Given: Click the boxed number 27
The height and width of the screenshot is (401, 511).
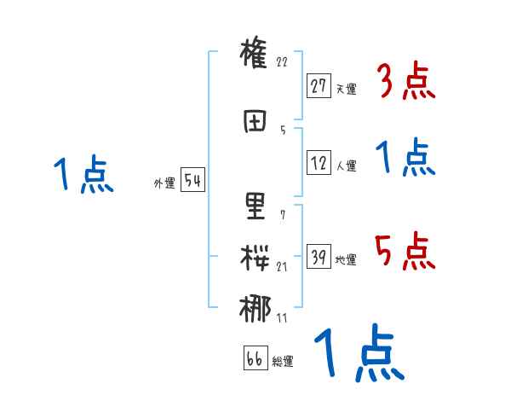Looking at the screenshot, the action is (319, 86).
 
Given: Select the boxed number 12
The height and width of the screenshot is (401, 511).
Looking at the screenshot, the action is (319, 164).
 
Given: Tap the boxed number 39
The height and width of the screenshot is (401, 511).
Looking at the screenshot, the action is (319, 257).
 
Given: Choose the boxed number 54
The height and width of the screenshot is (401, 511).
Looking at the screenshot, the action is (192, 181).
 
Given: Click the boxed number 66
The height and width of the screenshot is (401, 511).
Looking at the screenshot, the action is (255, 358).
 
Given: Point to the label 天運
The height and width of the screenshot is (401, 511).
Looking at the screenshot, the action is (346, 89).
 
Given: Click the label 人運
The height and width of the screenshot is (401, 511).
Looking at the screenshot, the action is (346, 166).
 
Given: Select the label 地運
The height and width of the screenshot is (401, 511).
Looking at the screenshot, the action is (346, 259).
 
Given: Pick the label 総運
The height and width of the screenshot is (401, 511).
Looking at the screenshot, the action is (283, 361).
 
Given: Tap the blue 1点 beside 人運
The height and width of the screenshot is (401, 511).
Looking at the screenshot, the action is (405, 159).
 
